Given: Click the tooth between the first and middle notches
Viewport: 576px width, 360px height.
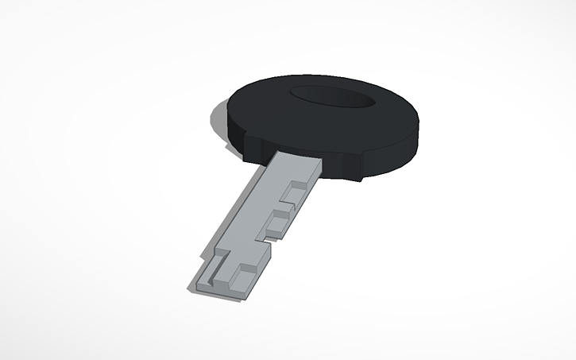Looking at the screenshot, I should click(288, 208).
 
